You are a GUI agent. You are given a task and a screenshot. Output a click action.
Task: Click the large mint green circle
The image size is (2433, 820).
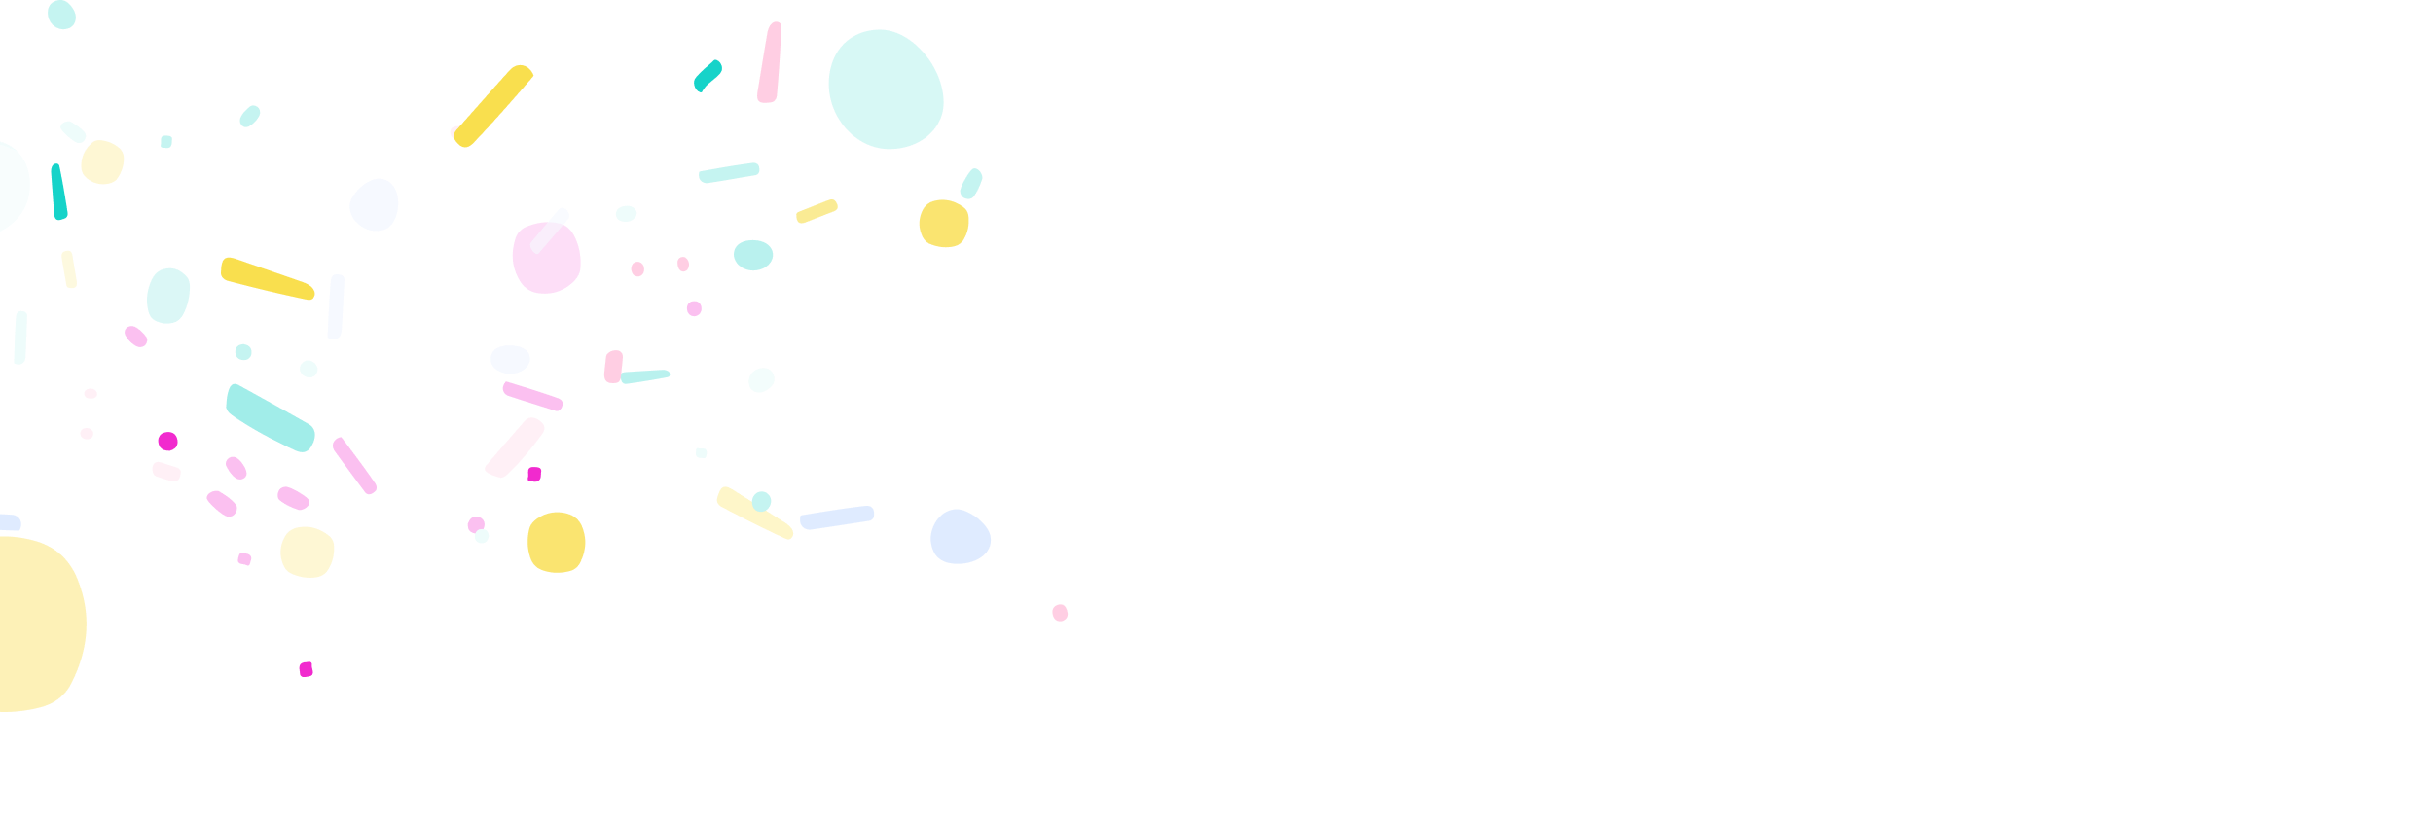pyautogui.click(x=886, y=89)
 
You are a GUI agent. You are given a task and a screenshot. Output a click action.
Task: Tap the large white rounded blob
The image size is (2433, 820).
pyautogui.click(x=732, y=399)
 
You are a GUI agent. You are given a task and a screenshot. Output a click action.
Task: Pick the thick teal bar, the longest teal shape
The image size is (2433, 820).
pyautogui.click(x=270, y=417)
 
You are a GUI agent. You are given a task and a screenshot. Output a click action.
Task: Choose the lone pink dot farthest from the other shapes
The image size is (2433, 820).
pyautogui.click(x=1060, y=613)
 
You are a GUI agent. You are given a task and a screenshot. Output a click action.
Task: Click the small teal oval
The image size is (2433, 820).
pyautogui.click(x=753, y=255)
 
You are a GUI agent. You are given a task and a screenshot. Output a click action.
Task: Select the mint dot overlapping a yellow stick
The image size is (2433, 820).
pyautogui.click(x=761, y=502)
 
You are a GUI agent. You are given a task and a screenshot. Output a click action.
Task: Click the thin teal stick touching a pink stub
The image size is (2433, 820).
pyautogui.click(x=644, y=376)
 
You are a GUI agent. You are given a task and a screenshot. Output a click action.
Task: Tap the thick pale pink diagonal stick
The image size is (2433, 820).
pyautogui.click(x=515, y=447)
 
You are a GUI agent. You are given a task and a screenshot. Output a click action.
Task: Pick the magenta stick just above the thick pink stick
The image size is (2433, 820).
pyautogui.click(x=532, y=397)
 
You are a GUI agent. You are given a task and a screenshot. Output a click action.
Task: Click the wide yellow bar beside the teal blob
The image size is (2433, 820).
pyautogui.click(x=267, y=278)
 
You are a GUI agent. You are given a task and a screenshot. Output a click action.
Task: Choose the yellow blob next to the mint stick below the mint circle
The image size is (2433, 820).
pyautogui.click(x=943, y=224)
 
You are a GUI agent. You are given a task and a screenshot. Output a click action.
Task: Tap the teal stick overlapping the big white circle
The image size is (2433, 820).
pyautogui.click(x=58, y=192)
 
